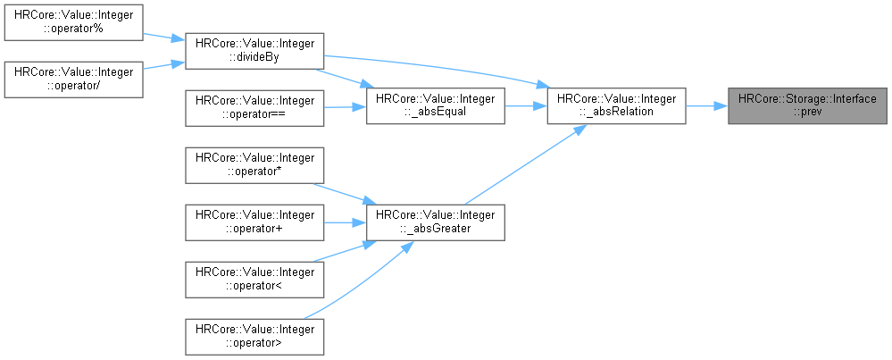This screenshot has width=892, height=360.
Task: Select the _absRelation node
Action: point(617,106)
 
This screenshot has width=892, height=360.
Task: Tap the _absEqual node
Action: point(437,106)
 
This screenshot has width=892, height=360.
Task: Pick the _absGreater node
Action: point(437,222)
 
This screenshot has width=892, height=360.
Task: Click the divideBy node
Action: point(254,53)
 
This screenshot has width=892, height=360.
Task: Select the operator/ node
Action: point(72,80)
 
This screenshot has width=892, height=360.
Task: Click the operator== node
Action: point(254,106)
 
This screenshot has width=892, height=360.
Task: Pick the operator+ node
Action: point(254,222)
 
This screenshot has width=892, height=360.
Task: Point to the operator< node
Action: point(254,279)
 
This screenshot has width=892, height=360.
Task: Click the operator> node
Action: point(254,336)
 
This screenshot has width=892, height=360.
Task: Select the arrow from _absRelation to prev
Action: point(706,106)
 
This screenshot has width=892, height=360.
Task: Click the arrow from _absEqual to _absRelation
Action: point(527,106)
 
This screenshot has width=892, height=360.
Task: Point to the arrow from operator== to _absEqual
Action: point(345,106)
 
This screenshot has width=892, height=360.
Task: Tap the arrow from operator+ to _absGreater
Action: point(345,222)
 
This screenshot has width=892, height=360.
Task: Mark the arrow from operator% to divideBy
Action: point(162,38)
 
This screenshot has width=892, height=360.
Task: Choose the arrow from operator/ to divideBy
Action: point(162,66)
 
